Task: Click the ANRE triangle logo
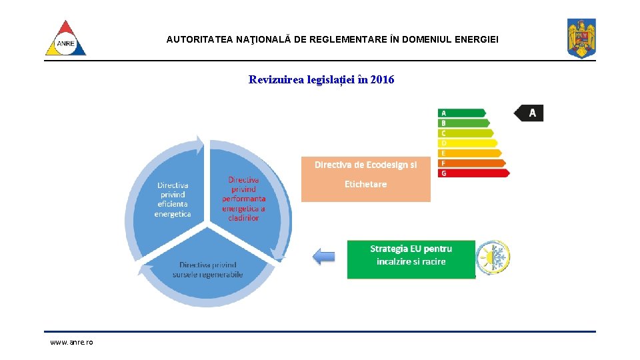[x=65, y=39]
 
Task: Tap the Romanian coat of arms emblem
[x=581, y=38]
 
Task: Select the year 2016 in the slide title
[x=382, y=80]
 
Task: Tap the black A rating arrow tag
[x=529, y=113]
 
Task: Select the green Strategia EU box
[x=411, y=259]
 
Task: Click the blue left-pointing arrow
[x=324, y=256]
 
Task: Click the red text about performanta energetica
[x=243, y=199]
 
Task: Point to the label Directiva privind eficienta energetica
[x=173, y=199]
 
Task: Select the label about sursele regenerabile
[x=207, y=270]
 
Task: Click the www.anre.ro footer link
[x=72, y=342]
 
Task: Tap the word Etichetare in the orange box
[x=365, y=184]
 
